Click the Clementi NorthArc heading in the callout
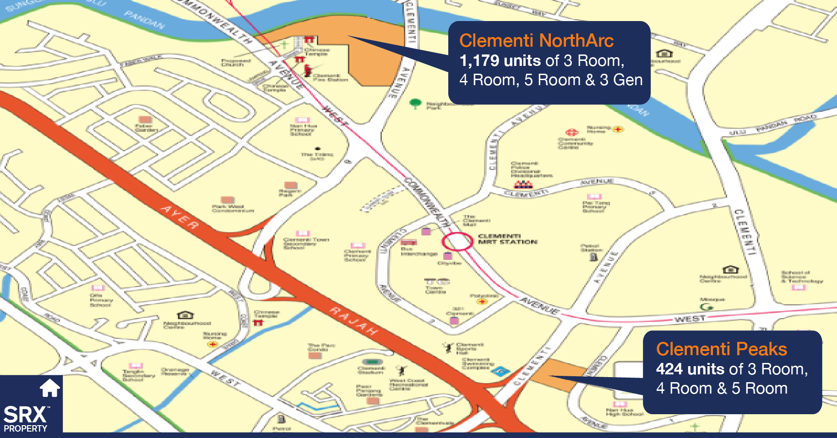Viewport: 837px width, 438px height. tap(536, 41)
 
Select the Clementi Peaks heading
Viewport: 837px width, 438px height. tap(721, 349)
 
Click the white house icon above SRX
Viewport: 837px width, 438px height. tap(49, 388)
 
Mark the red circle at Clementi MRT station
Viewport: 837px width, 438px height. tap(457, 241)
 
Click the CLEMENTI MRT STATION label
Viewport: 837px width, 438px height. tap(507, 239)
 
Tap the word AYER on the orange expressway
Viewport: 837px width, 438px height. tap(180, 217)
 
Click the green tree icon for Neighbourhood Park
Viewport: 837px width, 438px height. tap(415, 103)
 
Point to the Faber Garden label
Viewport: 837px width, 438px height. tap(146, 128)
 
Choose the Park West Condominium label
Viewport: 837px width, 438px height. tap(233, 209)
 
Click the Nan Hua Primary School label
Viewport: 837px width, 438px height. tap(303, 130)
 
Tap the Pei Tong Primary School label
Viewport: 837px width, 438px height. tap(596, 206)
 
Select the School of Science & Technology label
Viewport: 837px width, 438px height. tap(802, 276)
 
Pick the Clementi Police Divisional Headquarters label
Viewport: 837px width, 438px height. tap(531, 169)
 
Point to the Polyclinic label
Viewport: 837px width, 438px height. tap(484, 296)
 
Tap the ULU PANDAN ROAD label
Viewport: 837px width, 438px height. tap(773, 125)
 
